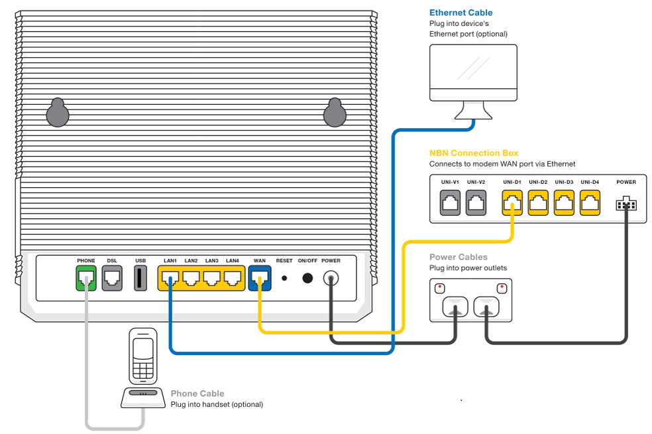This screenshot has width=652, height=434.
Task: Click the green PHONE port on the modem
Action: (86, 279)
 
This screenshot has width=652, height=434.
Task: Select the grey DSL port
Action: (112, 279)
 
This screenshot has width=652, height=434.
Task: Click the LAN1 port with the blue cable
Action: (170, 279)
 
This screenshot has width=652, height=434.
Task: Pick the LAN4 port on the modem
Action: (232, 279)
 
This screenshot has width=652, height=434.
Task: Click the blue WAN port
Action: (260, 279)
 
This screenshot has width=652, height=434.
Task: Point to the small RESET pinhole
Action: (284, 279)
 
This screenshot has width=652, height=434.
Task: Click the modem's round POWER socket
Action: (331, 279)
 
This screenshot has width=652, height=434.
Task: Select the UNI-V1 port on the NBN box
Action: (451, 202)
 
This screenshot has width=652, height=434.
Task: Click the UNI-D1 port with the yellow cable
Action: (512, 202)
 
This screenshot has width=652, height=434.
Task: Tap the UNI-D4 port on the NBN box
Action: (590, 202)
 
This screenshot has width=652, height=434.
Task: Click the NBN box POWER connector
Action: (625, 204)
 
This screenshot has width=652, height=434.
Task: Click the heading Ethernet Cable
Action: (461, 13)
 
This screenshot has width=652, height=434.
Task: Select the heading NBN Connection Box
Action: (474, 153)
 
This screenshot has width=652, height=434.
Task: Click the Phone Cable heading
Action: (197, 394)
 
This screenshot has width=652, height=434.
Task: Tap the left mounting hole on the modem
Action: (58, 113)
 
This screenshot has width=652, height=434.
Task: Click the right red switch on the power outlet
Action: (502, 288)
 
